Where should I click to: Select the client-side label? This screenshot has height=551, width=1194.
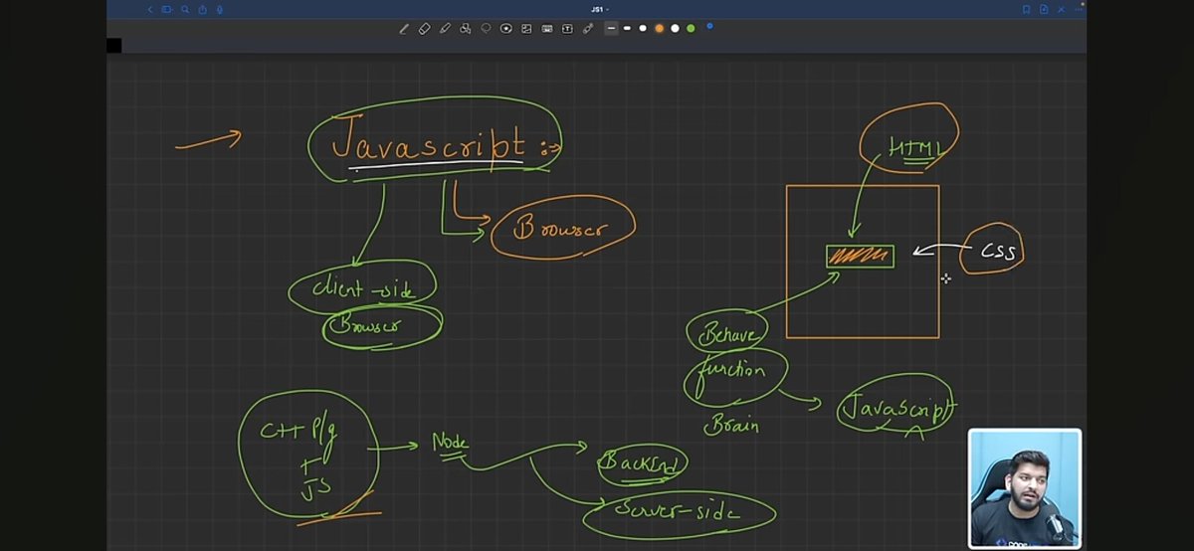tap(361, 288)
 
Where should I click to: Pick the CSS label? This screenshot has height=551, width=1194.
tap(996, 253)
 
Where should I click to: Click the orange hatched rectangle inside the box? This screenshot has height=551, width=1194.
tap(860, 257)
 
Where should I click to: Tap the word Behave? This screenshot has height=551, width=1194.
tap(727, 334)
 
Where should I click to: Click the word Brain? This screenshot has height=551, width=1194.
tap(731, 426)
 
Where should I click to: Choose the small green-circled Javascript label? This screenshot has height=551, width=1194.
tap(895, 408)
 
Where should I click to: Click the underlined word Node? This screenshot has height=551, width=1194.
tap(450, 443)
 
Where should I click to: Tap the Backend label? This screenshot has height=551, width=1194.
tap(642, 462)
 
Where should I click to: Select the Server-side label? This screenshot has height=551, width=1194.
tap(677, 512)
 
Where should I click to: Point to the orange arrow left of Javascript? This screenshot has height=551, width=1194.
tap(209, 141)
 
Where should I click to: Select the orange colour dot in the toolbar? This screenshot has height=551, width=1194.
tap(659, 28)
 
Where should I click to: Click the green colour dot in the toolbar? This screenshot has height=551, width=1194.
tap(691, 28)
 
